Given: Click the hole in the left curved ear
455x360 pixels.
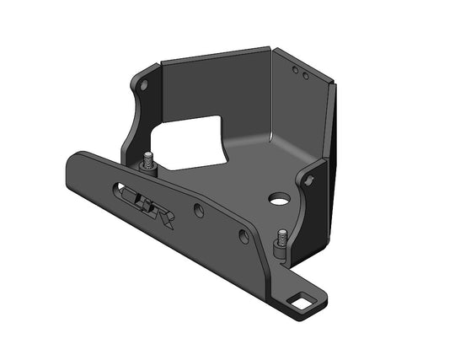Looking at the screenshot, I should tap(143, 86).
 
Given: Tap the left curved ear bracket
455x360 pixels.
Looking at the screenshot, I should tap(139, 110).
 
